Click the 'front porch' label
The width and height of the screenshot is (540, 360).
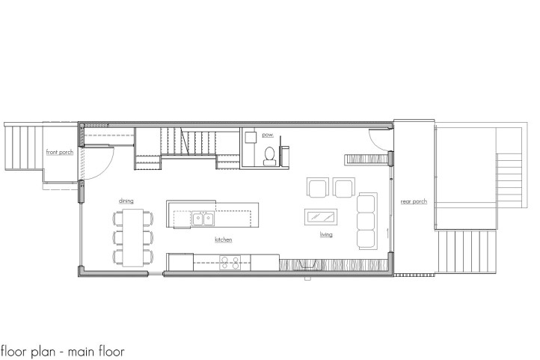[59, 153]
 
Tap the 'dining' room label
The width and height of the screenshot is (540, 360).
[125, 201]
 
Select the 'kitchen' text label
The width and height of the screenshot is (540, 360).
[223, 240]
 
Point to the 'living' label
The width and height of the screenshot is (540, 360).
[326, 234]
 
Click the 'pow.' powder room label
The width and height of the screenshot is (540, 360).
[267, 135]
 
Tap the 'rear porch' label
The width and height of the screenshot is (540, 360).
[414, 201]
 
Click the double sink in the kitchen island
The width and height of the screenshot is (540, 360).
[201, 219]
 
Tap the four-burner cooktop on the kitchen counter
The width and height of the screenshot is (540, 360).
[230, 262]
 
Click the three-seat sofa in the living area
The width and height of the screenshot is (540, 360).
[366, 221]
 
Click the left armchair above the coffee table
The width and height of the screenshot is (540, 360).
[317, 187]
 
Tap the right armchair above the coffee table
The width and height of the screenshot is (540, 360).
[344, 187]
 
